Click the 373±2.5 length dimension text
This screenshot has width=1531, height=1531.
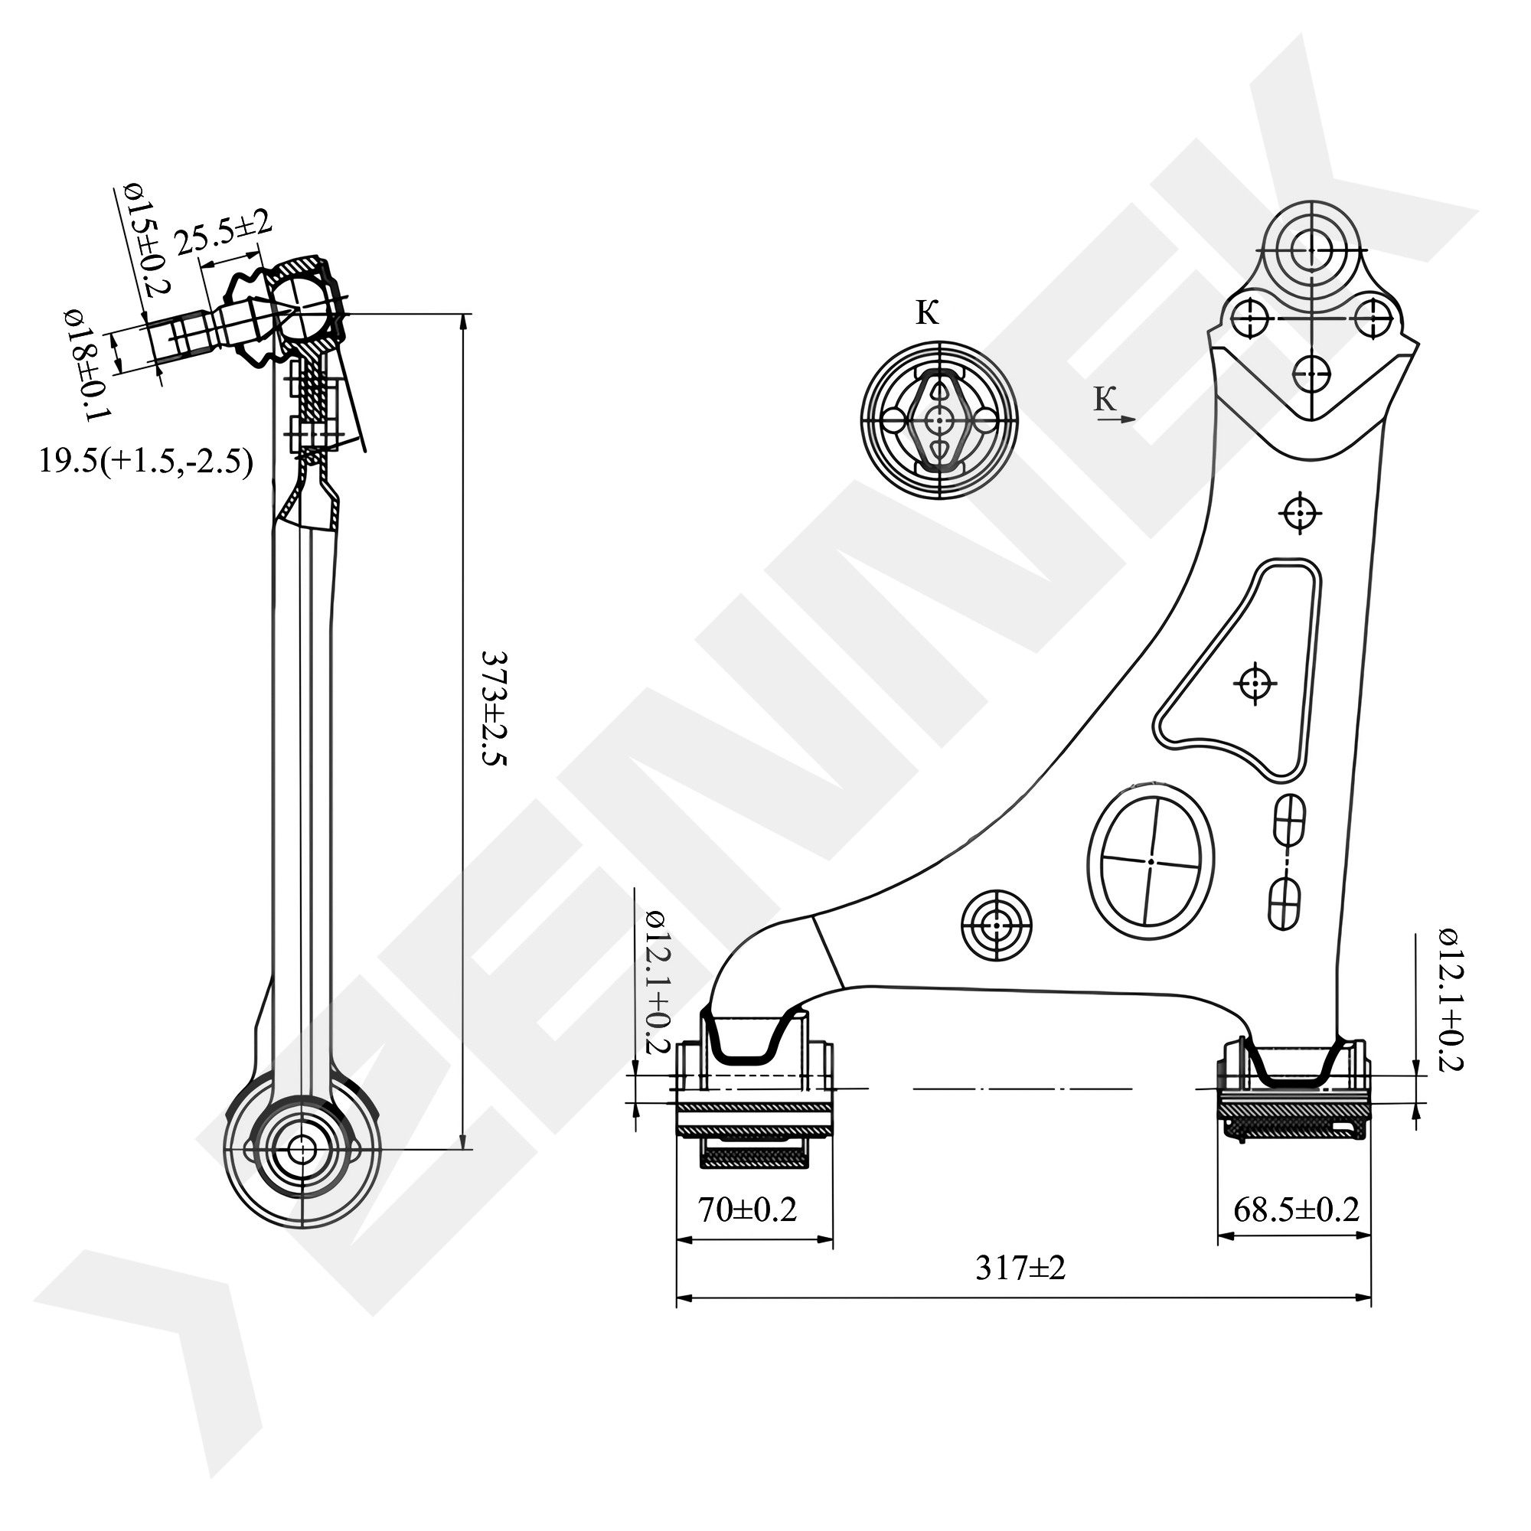pos(492,710)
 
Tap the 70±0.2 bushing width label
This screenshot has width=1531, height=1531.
pos(746,1209)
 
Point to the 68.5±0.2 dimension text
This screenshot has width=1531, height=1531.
pos(1296,1209)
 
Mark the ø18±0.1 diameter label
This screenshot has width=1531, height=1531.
pos(88,364)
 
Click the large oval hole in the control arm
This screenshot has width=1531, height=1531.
pos(1151,860)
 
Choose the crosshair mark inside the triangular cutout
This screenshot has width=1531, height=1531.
pos(1255,682)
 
